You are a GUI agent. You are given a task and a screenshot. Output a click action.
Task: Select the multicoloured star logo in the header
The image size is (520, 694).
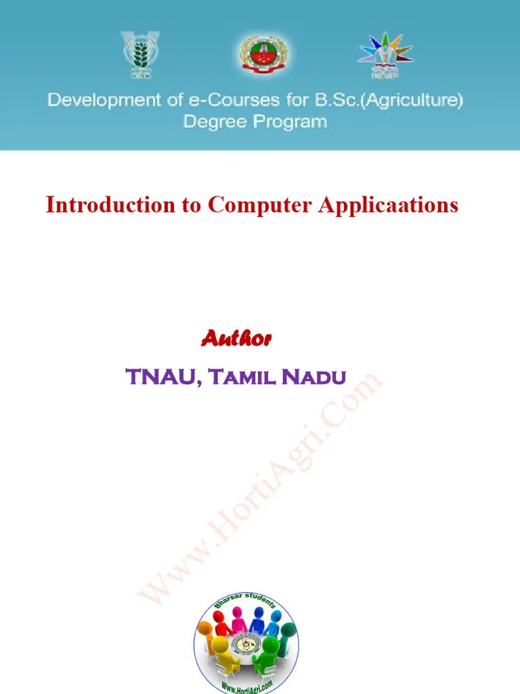385,54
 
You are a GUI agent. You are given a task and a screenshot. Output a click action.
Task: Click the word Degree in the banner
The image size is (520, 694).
213,123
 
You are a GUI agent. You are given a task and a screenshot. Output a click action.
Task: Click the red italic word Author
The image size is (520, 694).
236,338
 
